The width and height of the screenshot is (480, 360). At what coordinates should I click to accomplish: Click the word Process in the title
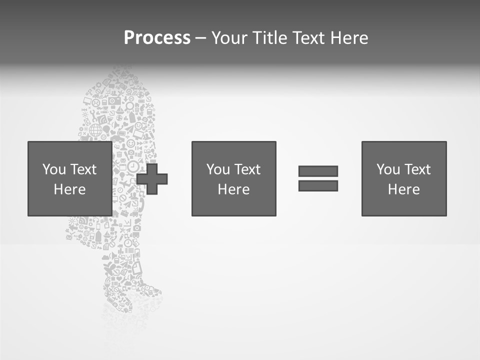(157, 38)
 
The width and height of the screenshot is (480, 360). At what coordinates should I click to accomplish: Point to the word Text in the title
(307, 38)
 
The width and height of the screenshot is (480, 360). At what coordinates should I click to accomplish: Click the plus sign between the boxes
(152, 178)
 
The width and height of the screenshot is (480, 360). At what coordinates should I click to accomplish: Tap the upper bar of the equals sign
(318, 171)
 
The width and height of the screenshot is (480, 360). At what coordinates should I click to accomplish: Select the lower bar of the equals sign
(318, 185)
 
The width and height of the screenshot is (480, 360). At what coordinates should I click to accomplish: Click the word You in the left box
(54, 169)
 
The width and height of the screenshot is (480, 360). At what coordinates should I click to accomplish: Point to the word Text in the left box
(83, 169)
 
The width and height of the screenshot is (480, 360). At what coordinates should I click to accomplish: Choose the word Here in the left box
(69, 189)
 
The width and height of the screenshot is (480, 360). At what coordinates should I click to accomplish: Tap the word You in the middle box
(218, 169)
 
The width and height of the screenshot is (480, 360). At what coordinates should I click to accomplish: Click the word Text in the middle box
(247, 169)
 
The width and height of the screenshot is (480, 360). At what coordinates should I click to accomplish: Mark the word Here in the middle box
(233, 189)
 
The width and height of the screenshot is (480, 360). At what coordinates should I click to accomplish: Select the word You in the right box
(388, 169)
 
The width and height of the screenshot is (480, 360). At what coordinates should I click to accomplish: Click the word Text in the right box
(417, 169)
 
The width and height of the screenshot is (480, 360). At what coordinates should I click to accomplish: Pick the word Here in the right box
(403, 189)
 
